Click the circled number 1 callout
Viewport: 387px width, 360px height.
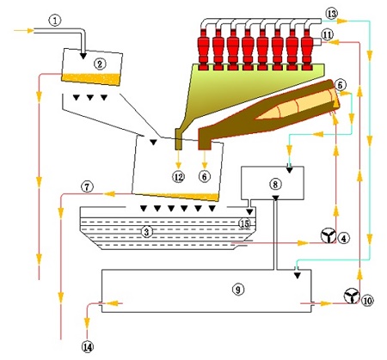[55, 21]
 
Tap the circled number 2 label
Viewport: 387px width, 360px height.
[100, 64]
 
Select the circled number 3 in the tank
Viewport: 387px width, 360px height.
[146, 232]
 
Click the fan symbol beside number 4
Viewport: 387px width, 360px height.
[328, 235]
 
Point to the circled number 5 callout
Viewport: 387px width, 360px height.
[341, 85]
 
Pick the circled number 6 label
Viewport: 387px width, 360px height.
[205, 176]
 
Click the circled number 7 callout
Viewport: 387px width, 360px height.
[87, 187]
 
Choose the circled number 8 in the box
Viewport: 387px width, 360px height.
[275, 184]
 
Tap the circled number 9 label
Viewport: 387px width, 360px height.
[238, 290]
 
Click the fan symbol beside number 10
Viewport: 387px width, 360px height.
[352, 296]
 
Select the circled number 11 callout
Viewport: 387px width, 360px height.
[328, 34]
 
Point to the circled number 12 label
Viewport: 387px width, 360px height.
[178, 177]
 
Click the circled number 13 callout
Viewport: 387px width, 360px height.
[332, 14]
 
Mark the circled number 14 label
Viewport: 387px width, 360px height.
[88, 347]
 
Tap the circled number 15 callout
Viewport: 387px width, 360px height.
[244, 223]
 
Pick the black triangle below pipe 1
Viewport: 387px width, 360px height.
[83, 56]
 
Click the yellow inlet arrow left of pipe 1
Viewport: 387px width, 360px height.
[23, 30]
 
